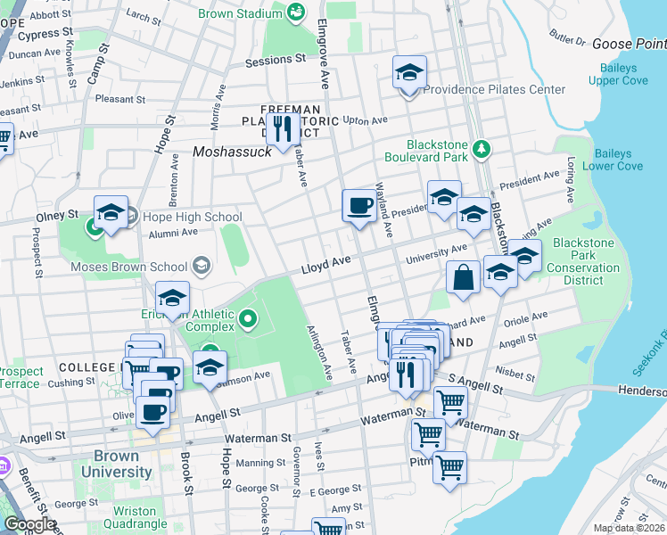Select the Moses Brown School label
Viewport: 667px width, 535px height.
click(x=131, y=266)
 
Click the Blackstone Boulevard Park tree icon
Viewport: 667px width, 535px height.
click(x=482, y=147)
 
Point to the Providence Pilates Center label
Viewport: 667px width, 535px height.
click(x=494, y=89)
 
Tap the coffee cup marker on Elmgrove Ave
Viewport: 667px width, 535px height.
click(x=359, y=206)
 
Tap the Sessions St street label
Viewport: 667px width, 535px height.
click(x=275, y=60)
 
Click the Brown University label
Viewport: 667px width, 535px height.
click(x=116, y=464)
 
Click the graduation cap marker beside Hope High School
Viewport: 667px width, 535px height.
click(x=111, y=212)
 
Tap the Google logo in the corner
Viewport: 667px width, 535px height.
click(x=29, y=523)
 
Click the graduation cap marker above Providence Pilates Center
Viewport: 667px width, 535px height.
click(x=409, y=72)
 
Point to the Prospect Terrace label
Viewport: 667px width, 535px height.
click(x=20, y=378)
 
